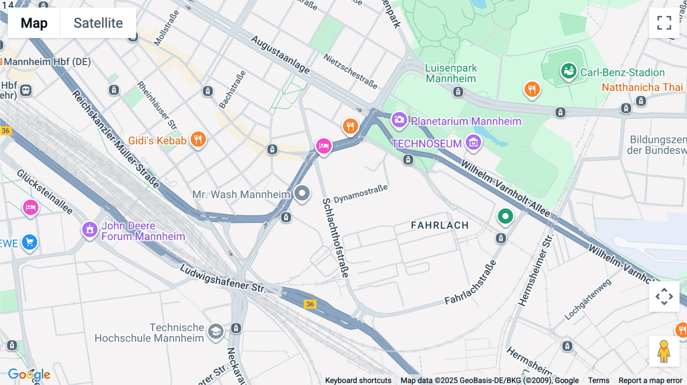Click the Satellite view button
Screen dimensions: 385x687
98,23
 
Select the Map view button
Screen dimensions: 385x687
34,23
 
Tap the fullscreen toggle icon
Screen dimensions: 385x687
664,23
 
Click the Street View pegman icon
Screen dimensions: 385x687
664,351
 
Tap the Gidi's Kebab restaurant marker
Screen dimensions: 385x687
198,139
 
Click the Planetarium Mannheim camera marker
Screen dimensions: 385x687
399,120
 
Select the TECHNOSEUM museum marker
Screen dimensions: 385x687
473,143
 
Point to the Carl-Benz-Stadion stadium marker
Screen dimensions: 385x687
568,71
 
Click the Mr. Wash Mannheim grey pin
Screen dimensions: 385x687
302,193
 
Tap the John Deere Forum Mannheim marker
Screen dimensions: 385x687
90,229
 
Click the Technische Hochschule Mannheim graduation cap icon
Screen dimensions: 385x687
216,331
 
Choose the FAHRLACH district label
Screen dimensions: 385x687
440,225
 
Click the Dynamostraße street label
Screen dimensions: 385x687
360,194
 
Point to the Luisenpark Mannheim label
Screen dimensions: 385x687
451,73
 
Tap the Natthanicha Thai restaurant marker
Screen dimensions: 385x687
532,89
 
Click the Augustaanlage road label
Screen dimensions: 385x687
280,55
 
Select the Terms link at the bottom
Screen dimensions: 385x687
598,380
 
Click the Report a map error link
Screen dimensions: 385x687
650,380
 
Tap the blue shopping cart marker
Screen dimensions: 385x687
29,242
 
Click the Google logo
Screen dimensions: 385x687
29,374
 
